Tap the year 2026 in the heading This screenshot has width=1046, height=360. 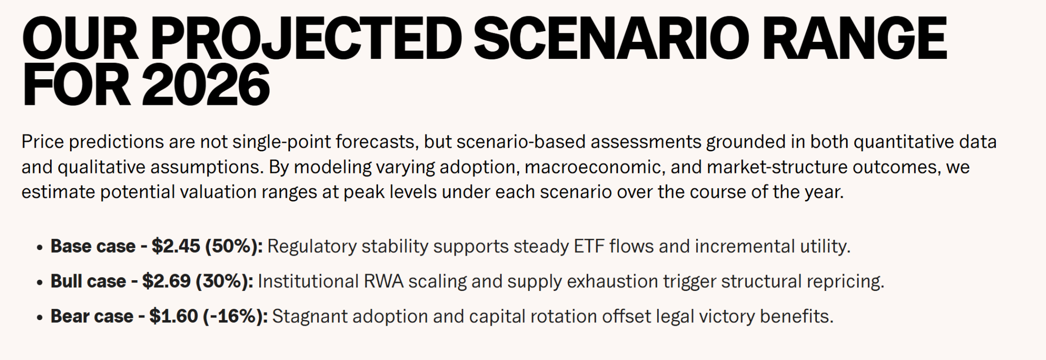pyautogui.click(x=206, y=85)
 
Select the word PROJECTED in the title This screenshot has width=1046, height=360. pyautogui.click(x=306, y=38)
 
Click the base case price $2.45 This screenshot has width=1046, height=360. pyautogui.click(x=176, y=246)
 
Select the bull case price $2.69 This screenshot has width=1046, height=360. pyautogui.click(x=166, y=281)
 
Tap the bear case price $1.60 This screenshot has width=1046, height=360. pyautogui.click(x=173, y=316)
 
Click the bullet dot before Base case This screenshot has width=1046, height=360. pyautogui.click(x=39, y=247)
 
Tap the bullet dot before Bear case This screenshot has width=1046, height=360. pyautogui.click(x=39, y=317)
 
